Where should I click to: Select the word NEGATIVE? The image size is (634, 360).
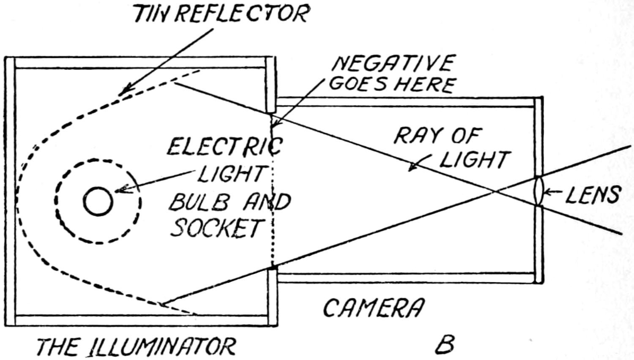tap(393, 65)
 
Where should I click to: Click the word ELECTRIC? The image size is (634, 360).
tap(224, 147)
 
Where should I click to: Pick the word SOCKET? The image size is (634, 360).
tap(216, 229)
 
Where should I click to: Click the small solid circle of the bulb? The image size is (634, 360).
tap(98, 201)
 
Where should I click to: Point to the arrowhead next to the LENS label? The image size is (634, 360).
tap(546, 193)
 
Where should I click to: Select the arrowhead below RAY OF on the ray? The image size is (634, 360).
tap(412, 168)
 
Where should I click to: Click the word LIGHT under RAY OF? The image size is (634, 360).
tap(474, 160)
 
